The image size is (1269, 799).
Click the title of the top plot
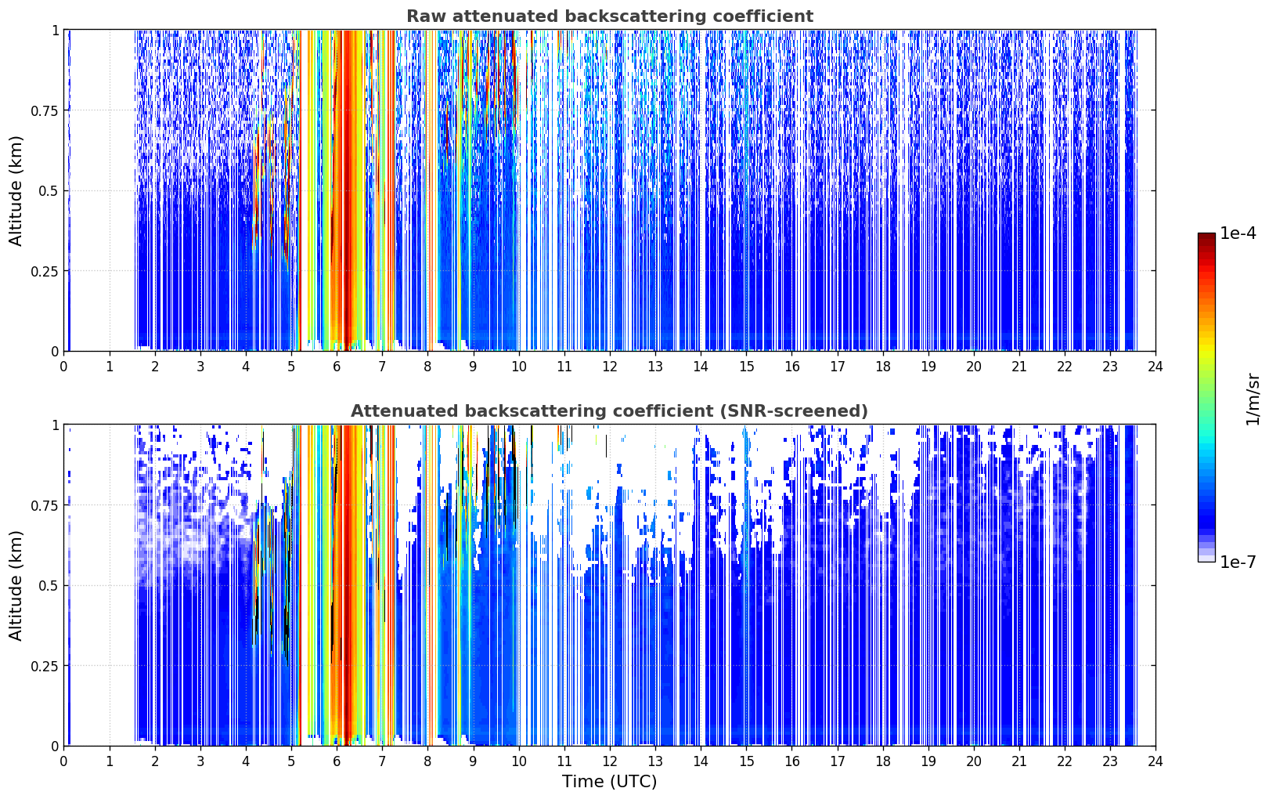[610, 16]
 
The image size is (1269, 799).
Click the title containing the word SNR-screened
[610, 410]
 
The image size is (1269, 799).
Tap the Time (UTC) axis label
[610, 782]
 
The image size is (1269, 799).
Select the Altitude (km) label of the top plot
[16, 191]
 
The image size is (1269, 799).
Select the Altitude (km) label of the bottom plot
[16, 586]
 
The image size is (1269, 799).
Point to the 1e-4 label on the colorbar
[1238, 233]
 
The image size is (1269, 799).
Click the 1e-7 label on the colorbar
[1238, 562]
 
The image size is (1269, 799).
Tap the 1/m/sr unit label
[1253, 399]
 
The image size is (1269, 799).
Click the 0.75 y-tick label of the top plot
[45, 110]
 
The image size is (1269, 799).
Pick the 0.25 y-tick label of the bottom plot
[45, 666]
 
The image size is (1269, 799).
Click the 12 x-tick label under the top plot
[610, 366]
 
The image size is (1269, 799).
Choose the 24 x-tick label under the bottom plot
[1155, 761]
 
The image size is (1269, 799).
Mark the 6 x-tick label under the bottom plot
[337, 761]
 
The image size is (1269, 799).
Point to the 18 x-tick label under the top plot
[882, 366]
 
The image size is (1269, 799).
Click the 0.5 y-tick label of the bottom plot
[49, 585]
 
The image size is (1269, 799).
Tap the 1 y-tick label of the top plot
[56, 31]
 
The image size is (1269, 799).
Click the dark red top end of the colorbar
[1206, 235]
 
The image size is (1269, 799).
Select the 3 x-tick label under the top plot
[200, 366]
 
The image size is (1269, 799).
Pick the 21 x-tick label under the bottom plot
[1019, 761]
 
